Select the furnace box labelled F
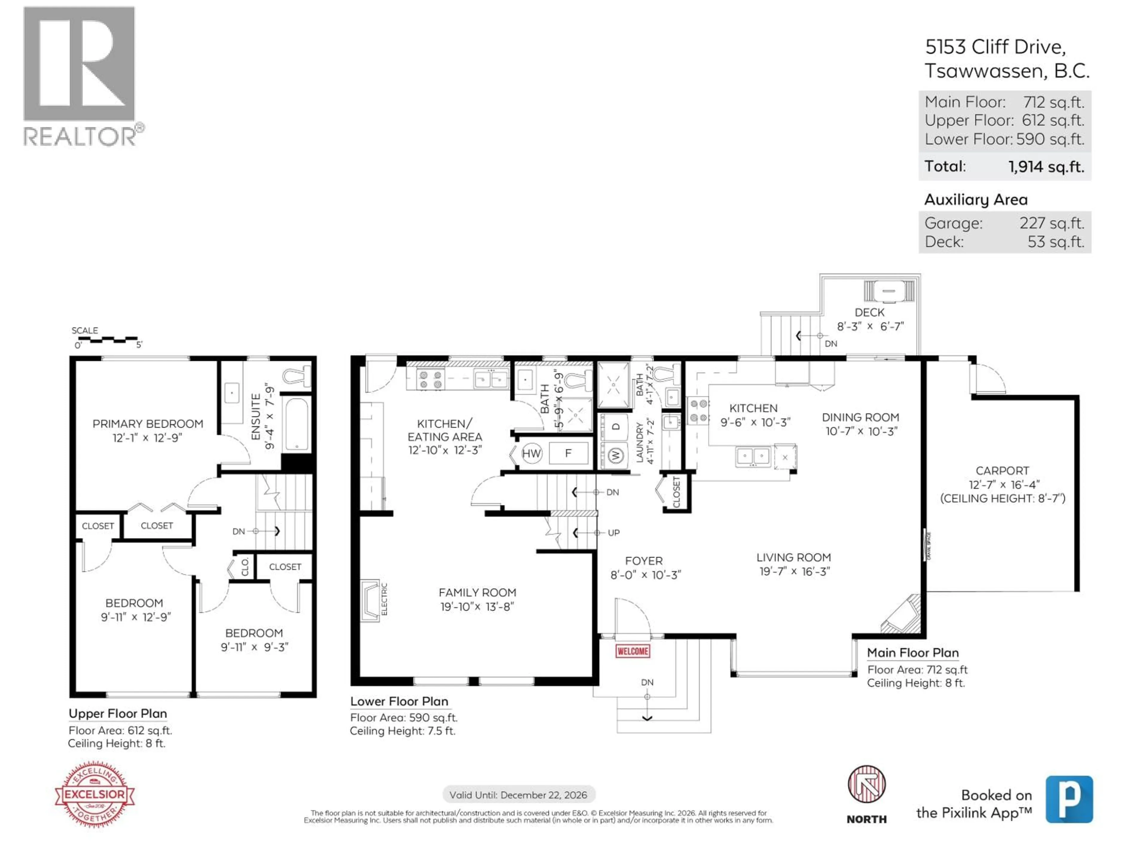(x=568, y=453)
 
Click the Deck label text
(x=869, y=312)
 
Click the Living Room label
(x=793, y=557)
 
